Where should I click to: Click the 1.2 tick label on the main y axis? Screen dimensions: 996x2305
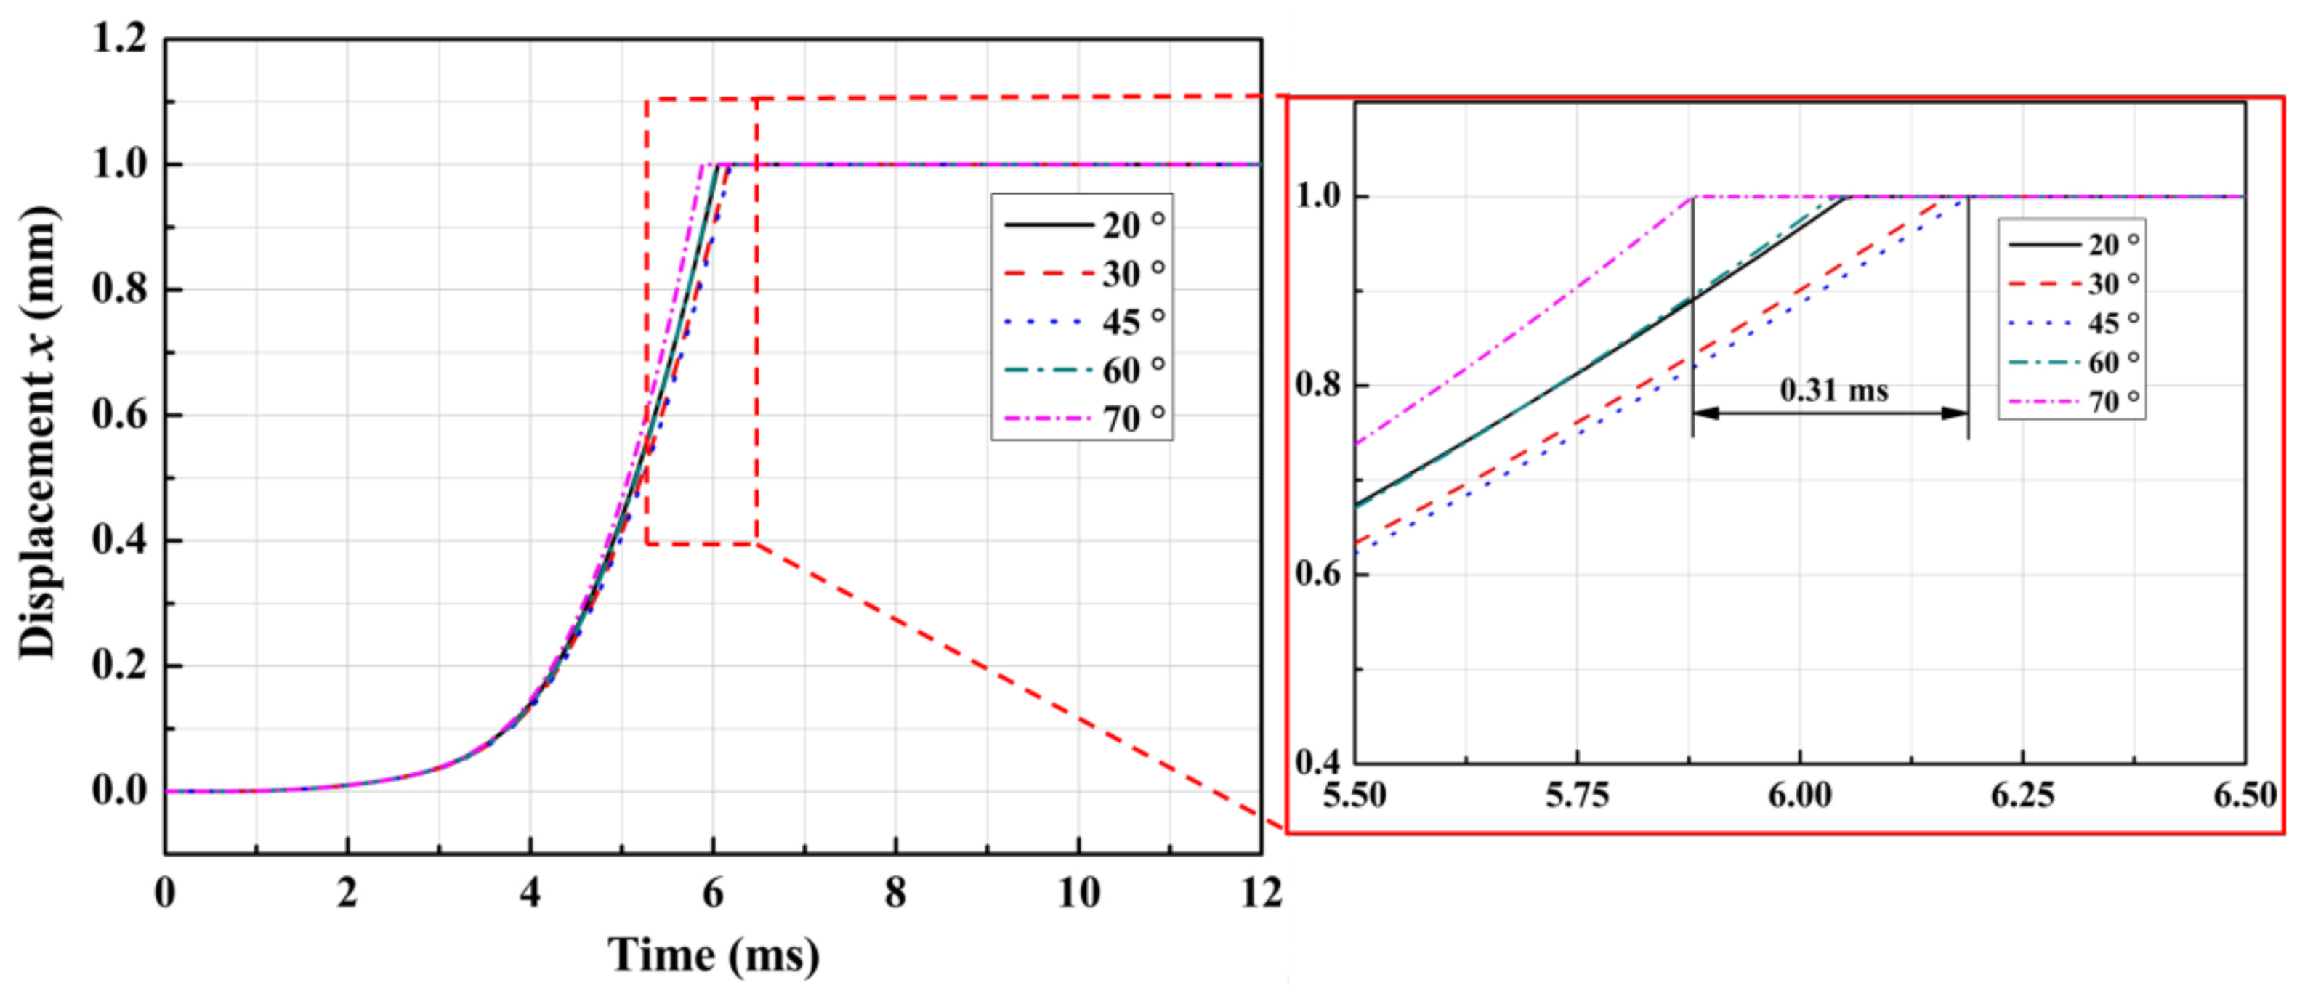click(x=119, y=39)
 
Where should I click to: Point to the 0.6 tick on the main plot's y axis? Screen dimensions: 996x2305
click(x=119, y=416)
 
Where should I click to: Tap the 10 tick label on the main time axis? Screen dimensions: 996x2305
click(x=1078, y=893)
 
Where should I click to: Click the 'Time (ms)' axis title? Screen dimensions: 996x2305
click(x=713, y=955)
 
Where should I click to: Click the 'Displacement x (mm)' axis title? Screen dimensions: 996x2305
click(x=38, y=433)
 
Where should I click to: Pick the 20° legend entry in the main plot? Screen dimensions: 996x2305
click(x=1083, y=224)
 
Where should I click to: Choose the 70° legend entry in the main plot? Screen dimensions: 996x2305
click(x=1083, y=418)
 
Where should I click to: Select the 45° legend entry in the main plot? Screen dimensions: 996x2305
click(x=1083, y=321)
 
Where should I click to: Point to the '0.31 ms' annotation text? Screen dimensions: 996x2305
click(x=1833, y=390)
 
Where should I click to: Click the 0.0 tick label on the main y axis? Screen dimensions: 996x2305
click(x=119, y=791)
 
